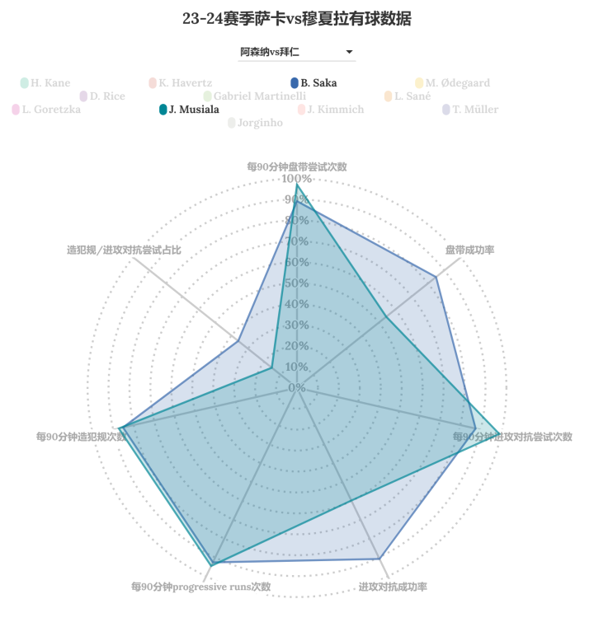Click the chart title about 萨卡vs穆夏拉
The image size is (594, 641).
pyautogui.click(x=297, y=18)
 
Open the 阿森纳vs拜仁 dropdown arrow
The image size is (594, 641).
pyautogui.click(x=350, y=52)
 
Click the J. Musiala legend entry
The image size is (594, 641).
pyautogui.click(x=189, y=110)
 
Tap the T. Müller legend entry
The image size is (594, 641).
pyautogui.click(x=470, y=110)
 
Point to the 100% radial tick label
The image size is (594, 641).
pyautogui.click(x=297, y=179)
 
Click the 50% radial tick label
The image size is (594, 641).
pyautogui.click(x=297, y=283)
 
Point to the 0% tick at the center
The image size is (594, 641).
pyautogui.click(x=297, y=387)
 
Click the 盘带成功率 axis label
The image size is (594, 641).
pyautogui.click(x=469, y=250)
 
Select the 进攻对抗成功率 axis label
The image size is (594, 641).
pyautogui.click(x=393, y=587)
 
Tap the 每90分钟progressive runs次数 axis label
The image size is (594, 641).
pyautogui.click(x=200, y=587)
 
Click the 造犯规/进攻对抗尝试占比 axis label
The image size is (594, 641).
pyautogui.click(x=124, y=250)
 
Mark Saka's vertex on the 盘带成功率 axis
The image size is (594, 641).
pyautogui.click(x=436, y=277)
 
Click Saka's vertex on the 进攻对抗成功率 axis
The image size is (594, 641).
pyautogui.click(x=379, y=559)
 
